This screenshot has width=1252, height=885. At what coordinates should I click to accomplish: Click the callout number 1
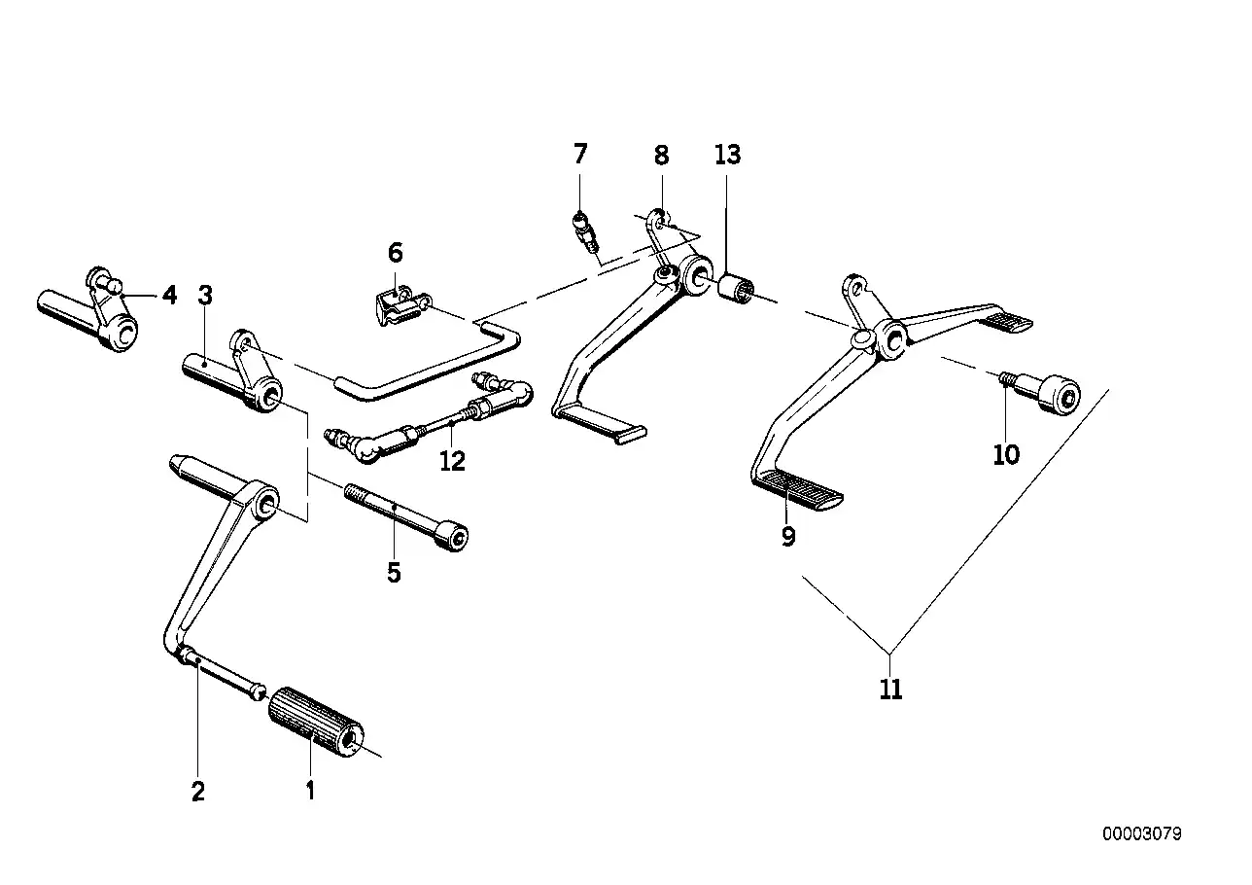[310, 791]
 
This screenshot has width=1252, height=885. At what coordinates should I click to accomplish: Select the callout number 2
[198, 791]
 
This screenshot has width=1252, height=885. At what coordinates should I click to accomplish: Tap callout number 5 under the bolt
[394, 573]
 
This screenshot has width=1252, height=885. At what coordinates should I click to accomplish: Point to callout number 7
[580, 154]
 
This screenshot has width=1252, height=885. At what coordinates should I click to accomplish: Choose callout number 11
[890, 690]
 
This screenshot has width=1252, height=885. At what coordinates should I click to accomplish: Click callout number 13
[727, 155]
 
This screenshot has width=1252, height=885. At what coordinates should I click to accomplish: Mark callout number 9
[788, 536]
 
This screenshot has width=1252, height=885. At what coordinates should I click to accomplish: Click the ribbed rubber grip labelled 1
[313, 722]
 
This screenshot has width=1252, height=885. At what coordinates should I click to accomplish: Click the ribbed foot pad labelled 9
[797, 487]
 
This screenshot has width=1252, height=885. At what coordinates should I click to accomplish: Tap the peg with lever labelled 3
[231, 374]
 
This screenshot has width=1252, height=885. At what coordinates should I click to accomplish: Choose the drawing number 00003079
[1141, 834]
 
